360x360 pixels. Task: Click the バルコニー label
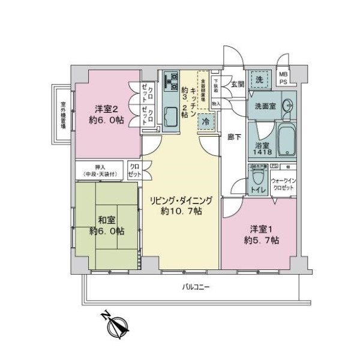coord(196,287)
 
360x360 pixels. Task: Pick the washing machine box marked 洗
coord(260,80)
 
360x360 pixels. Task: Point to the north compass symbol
coord(115,326)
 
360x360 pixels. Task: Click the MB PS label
coord(284,77)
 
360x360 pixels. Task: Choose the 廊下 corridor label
coord(235,137)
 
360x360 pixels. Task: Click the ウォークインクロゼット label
coord(283,184)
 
